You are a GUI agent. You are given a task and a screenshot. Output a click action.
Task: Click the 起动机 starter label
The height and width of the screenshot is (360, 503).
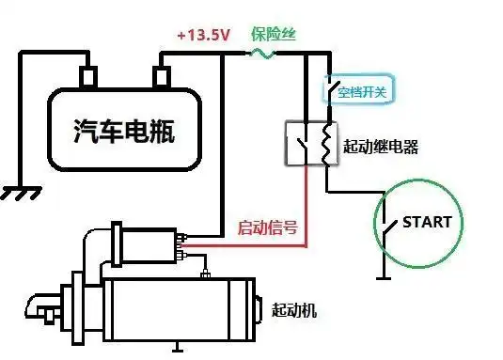coord(293,309)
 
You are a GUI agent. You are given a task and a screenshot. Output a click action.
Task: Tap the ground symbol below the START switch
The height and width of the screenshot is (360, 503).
coord(382,276)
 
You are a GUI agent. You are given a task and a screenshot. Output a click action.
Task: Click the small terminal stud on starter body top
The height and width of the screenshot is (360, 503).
coord(204,275)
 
